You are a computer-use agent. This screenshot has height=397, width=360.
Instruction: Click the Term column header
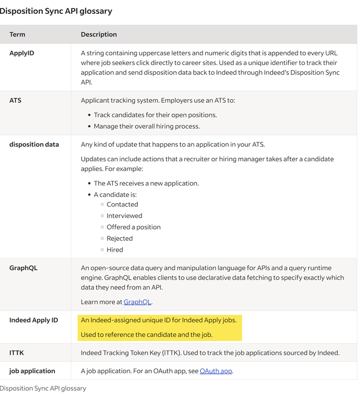coord(17,35)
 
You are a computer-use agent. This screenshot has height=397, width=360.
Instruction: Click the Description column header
coord(99,35)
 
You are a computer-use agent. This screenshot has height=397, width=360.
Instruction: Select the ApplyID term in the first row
coord(22,53)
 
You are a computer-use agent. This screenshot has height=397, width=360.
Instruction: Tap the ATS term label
coord(15,100)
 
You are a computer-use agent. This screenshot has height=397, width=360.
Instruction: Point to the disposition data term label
coord(34,145)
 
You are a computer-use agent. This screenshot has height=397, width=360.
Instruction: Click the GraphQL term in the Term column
coord(23,268)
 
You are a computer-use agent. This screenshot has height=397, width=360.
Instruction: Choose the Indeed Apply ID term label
coord(34,320)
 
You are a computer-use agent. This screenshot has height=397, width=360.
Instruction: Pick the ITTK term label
coord(17,353)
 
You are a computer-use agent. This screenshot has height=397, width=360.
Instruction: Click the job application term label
coord(32,371)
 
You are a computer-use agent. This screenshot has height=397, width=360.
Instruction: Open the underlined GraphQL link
coord(137,302)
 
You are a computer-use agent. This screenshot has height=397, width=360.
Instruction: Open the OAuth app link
coord(215,371)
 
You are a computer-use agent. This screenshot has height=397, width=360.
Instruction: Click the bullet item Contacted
coord(122,205)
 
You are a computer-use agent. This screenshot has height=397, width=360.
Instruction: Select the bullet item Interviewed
coord(124,216)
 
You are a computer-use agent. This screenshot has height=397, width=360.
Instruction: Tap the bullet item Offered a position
coord(134,227)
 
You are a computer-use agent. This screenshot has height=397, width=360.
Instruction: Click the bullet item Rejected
coord(120,239)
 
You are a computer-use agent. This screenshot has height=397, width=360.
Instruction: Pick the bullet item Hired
coord(115,250)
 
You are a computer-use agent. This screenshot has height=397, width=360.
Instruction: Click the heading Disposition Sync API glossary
coord(56,11)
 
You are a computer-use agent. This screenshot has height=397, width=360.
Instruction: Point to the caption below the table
coord(43,388)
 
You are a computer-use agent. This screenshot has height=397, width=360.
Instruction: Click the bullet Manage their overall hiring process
coord(147,127)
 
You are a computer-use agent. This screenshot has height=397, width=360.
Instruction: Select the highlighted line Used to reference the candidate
coord(147,335)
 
